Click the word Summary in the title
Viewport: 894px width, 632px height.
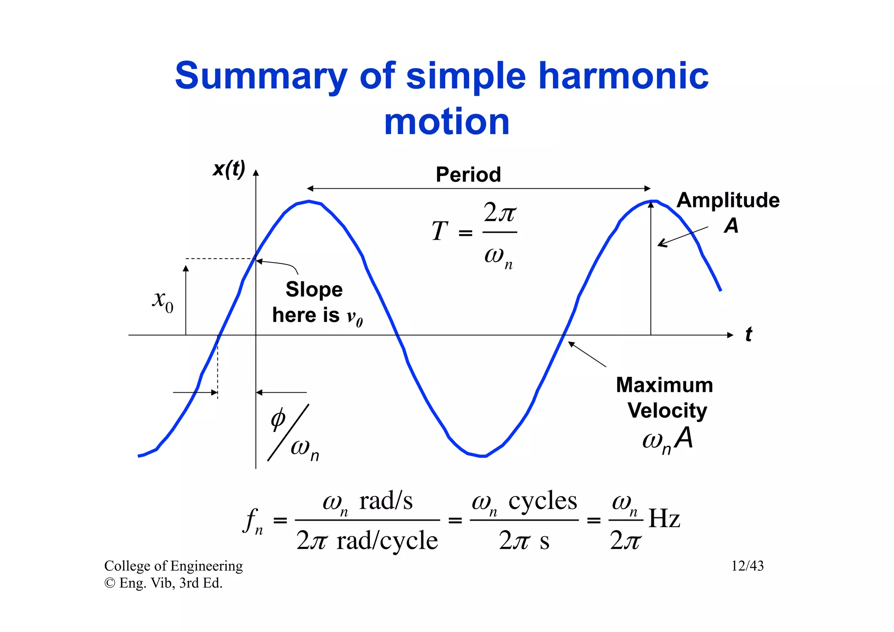261,76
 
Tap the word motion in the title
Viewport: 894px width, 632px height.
447,122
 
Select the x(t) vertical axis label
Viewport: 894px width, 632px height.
229,169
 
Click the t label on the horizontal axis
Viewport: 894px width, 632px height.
749,335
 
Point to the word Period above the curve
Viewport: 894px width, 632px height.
468,175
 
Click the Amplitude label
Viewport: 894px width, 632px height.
728,200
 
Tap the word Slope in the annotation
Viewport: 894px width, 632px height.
314,290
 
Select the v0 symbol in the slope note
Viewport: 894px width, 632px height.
354,317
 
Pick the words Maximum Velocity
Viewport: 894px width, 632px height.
665,397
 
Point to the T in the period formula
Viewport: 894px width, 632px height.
440,231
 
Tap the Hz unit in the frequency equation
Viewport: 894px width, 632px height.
664,519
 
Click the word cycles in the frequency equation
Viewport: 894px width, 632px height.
543,501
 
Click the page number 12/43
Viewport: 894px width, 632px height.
747,566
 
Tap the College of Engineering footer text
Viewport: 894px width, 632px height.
173,566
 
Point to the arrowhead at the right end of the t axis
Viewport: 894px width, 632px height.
730,335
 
